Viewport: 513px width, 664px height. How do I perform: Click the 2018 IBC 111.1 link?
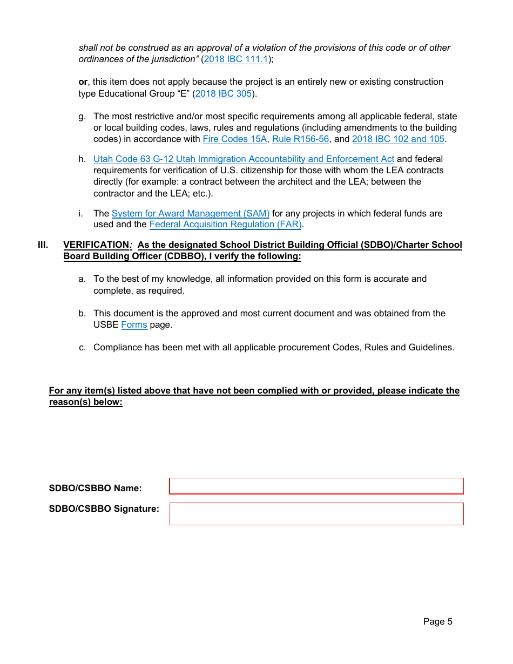coord(236,59)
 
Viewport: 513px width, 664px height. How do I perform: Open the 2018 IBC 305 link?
coord(223,93)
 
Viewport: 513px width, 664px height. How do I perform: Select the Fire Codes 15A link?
coord(234,139)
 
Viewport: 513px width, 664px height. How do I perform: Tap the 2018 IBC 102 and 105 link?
coord(398,139)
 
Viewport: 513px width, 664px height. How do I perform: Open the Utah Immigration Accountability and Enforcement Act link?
coord(244,159)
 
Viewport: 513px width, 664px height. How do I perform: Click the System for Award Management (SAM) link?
coord(190,214)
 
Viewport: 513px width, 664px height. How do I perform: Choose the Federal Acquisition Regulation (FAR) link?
coord(225,225)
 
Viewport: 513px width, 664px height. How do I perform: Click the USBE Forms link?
coord(134,325)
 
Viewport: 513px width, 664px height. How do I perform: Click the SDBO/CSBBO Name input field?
coord(316,486)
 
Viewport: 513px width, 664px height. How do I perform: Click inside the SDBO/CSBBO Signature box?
coord(316,514)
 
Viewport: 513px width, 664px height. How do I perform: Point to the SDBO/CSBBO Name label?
coord(95,489)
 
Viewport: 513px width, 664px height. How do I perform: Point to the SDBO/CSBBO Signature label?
coord(104,509)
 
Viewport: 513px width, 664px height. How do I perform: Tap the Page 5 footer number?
coord(437,622)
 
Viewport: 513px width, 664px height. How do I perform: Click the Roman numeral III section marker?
coord(43,245)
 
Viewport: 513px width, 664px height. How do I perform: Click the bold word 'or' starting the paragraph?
coord(83,82)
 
